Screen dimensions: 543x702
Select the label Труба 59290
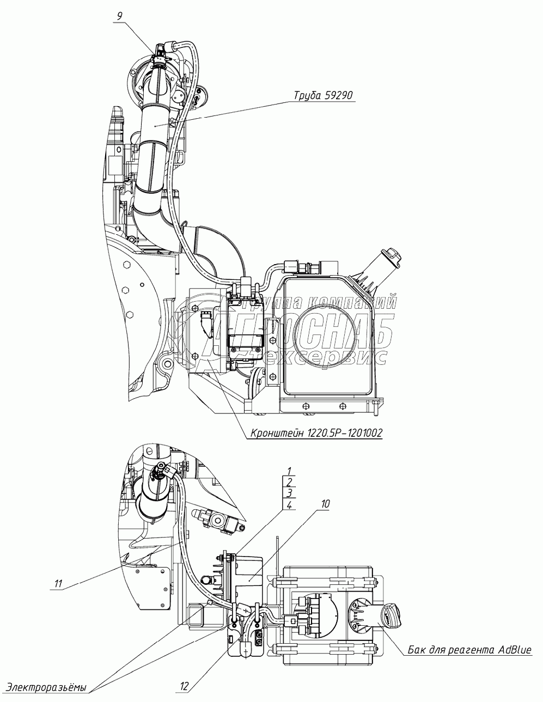click(x=324, y=96)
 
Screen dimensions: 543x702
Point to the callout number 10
click(x=325, y=504)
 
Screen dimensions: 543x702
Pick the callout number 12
click(x=184, y=687)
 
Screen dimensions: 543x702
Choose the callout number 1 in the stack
click(x=290, y=470)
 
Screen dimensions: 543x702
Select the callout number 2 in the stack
click(x=290, y=481)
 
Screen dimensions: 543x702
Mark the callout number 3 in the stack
click(x=290, y=493)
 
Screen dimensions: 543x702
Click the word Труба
click(x=307, y=96)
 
